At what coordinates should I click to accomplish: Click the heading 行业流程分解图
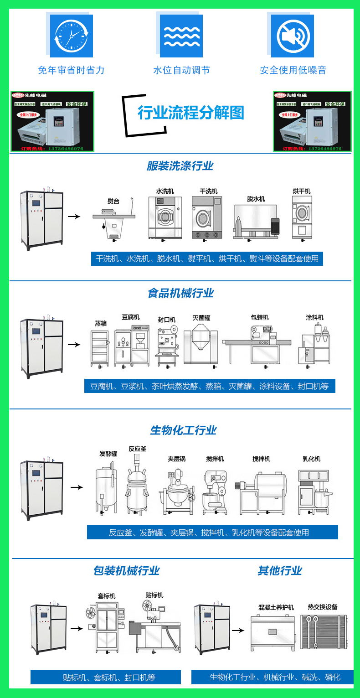191,113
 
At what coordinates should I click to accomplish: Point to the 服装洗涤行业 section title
180,166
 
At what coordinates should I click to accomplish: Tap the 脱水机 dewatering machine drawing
256,221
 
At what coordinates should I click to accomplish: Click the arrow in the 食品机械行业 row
74,345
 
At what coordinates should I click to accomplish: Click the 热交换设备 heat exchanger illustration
323,631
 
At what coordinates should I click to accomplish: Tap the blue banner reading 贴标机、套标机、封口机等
106,677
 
